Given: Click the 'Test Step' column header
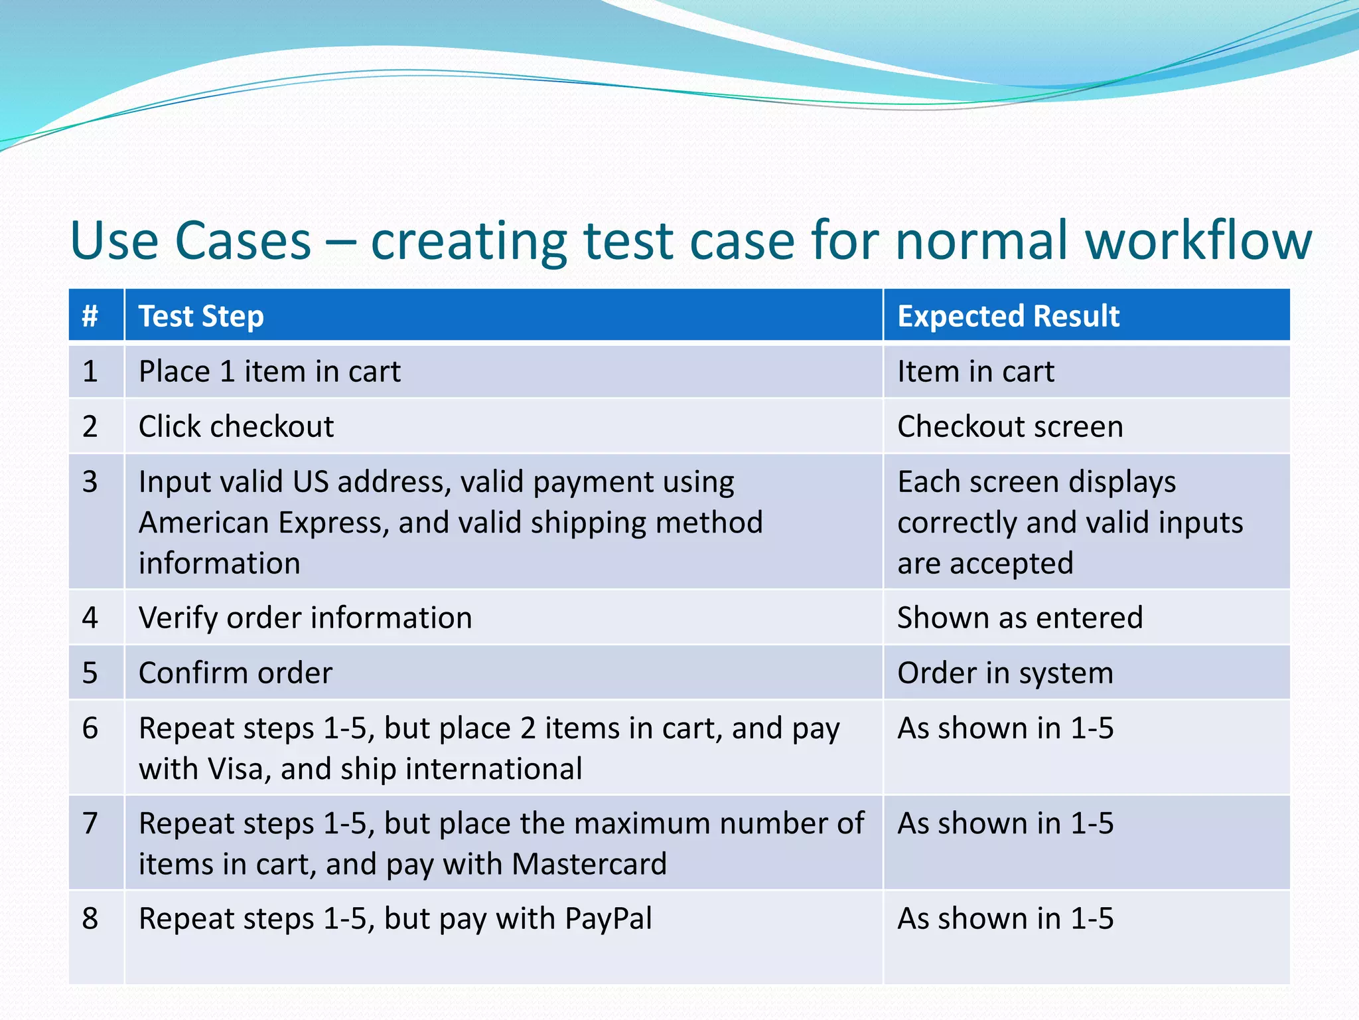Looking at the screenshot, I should point(201,316).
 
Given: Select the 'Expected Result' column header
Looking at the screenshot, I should point(1008,316).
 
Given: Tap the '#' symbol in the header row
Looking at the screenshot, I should point(90,316).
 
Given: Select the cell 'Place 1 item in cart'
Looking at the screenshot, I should point(269,371).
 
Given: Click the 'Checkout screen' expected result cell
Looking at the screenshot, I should point(1010,426).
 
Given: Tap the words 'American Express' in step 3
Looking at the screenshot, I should point(263,523).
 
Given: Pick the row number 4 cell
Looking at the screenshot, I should point(90,618).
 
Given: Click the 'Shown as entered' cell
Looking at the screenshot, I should point(1020,618).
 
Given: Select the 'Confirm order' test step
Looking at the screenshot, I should point(236,673).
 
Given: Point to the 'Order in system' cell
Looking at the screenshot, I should point(1005,673).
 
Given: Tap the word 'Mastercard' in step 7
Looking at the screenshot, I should point(589,865).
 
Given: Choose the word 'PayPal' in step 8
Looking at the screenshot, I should point(608,919).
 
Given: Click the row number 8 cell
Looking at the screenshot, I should point(90,919).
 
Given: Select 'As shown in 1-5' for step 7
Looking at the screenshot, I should point(1005,824).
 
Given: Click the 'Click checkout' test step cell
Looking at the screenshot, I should point(236,426).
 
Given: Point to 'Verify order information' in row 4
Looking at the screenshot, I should point(305,618).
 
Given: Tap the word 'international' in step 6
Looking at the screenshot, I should point(494,769).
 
